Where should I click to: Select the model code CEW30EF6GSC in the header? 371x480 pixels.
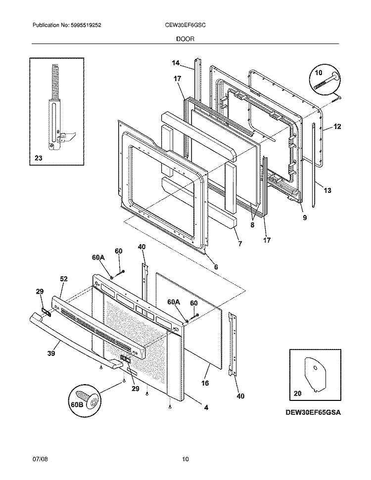tap(185, 25)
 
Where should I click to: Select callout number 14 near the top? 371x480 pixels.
tap(176, 63)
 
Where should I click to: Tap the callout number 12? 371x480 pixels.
tap(337, 127)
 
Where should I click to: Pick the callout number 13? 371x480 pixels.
tap(327, 189)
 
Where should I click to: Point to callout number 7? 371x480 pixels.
tap(240, 244)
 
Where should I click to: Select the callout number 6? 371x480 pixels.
tap(216, 267)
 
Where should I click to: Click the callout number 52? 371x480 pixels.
tap(64, 279)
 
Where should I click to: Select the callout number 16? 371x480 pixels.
tap(205, 383)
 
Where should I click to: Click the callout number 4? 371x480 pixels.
tap(206, 407)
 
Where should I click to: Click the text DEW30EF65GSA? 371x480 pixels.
tap(314, 412)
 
